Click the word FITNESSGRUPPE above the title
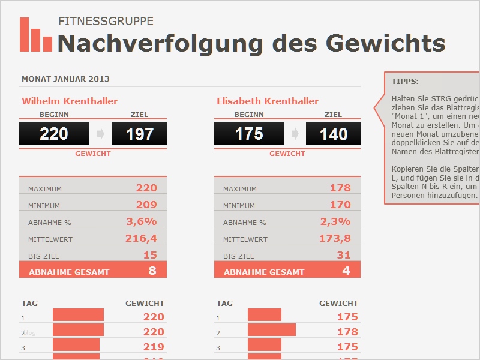pyautogui.click(x=106, y=22)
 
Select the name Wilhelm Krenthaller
pyautogui.click(x=70, y=101)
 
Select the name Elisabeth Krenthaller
pyautogui.click(x=268, y=101)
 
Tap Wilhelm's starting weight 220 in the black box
pyautogui.click(x=54, y=134)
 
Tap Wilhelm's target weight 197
pyautogui.click(x=140, y=134)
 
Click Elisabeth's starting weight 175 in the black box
pyautogui.click(x=249, y=134)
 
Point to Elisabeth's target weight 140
pyautogui.click(x=334, y=134)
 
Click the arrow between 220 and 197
pyautogui.click(x=100, y=134)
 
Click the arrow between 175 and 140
pyautogui.click(x=295, y=134)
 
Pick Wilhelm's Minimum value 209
pyautogui.click(x=146, y=205)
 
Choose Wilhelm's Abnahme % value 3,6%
pyautogui.click(x=142, y=221)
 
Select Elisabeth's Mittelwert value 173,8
pyautogui.click(x=335, y=238)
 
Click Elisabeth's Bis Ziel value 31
pyautogui.click(x=344, y=255)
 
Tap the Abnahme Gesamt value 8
pyautogui.click(x=152, y=271)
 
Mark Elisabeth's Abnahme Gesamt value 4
pyautogui.click(x=346, y=271)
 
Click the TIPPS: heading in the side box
pyautogui.click(x=405, y=81)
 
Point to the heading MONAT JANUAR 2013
pyautogui.click(x=65, y=79)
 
